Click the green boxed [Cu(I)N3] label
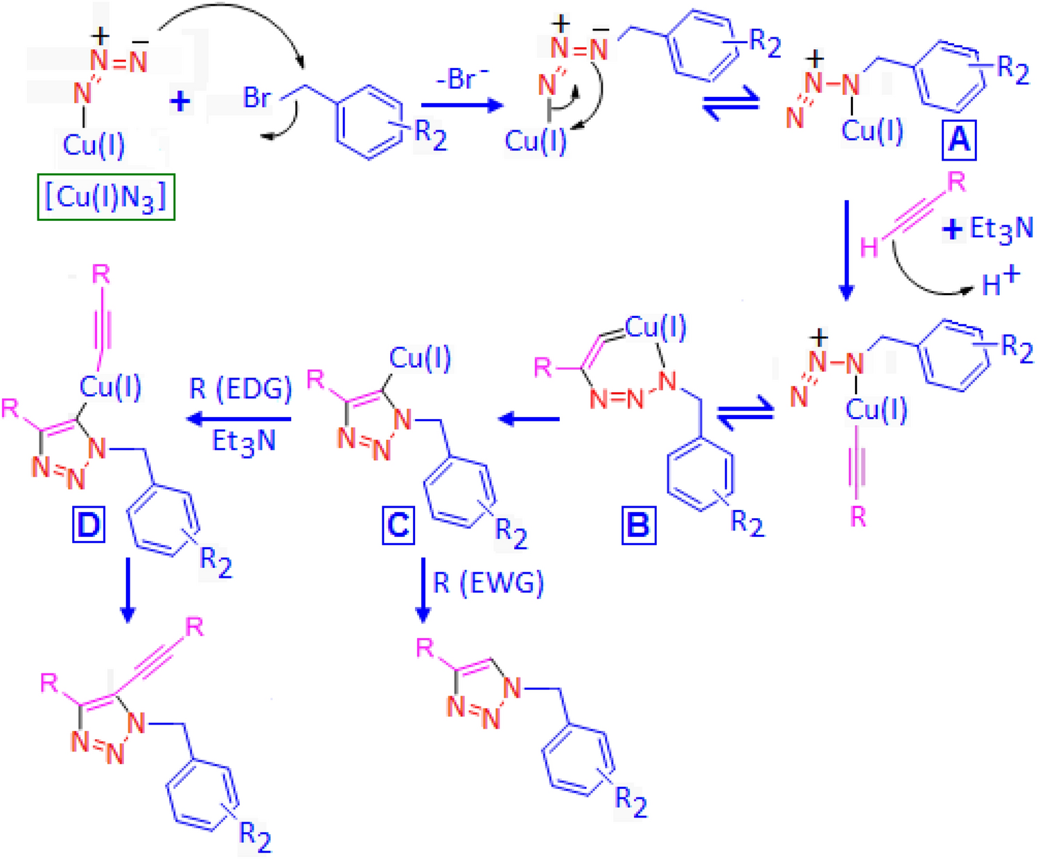click(x=105, y=197)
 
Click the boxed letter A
click(x=958, y=141)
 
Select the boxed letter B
click(x=638, y=525)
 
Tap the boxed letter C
click(x=398, y=525)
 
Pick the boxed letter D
click(x=89, y=525)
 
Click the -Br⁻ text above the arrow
click(x=462, y=79)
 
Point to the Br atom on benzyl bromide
click(x=256, y=98)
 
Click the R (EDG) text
click(x=240, y=389)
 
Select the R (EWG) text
click(x=489, y=583)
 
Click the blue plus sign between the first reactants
click(x=180, y=102)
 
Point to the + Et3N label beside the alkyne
click(x=989, y=229)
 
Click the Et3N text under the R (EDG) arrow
click(x=243, y=441)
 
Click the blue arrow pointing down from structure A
click(x=846, y=249)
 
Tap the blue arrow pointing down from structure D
click(x=127, y=590)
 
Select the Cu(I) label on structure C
click(x=420, y=358)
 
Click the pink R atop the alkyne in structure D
click(x=101, y=275)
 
